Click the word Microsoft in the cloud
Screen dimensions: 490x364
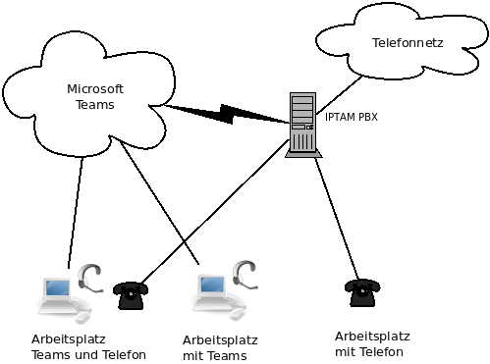tap(95, 89)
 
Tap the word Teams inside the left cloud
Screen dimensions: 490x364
tap(95, 105)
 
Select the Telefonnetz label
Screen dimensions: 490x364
tap(408, 43)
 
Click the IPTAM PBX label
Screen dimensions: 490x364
tap(352, 117)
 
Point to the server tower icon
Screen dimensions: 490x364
tap(303, 125)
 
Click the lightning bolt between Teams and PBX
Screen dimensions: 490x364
tap(226, 114)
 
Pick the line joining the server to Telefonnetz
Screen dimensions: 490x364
tap(340, 95)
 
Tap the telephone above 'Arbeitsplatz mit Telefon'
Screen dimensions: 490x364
tap(362, 292)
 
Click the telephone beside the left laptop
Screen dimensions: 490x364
tap(131, 295)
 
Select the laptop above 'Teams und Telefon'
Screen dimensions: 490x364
tap(58, 296)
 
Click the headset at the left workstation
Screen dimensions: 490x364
tap(90, 278)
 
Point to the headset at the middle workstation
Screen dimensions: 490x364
tap(245, 275)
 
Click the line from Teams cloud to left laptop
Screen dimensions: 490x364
tap(76, 213)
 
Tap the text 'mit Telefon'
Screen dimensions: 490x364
tap(369, 352)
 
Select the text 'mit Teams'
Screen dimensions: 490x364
tap(215, 355)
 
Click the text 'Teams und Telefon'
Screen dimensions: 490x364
tap(88, 355)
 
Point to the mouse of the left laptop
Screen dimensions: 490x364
tap(83, 316)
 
